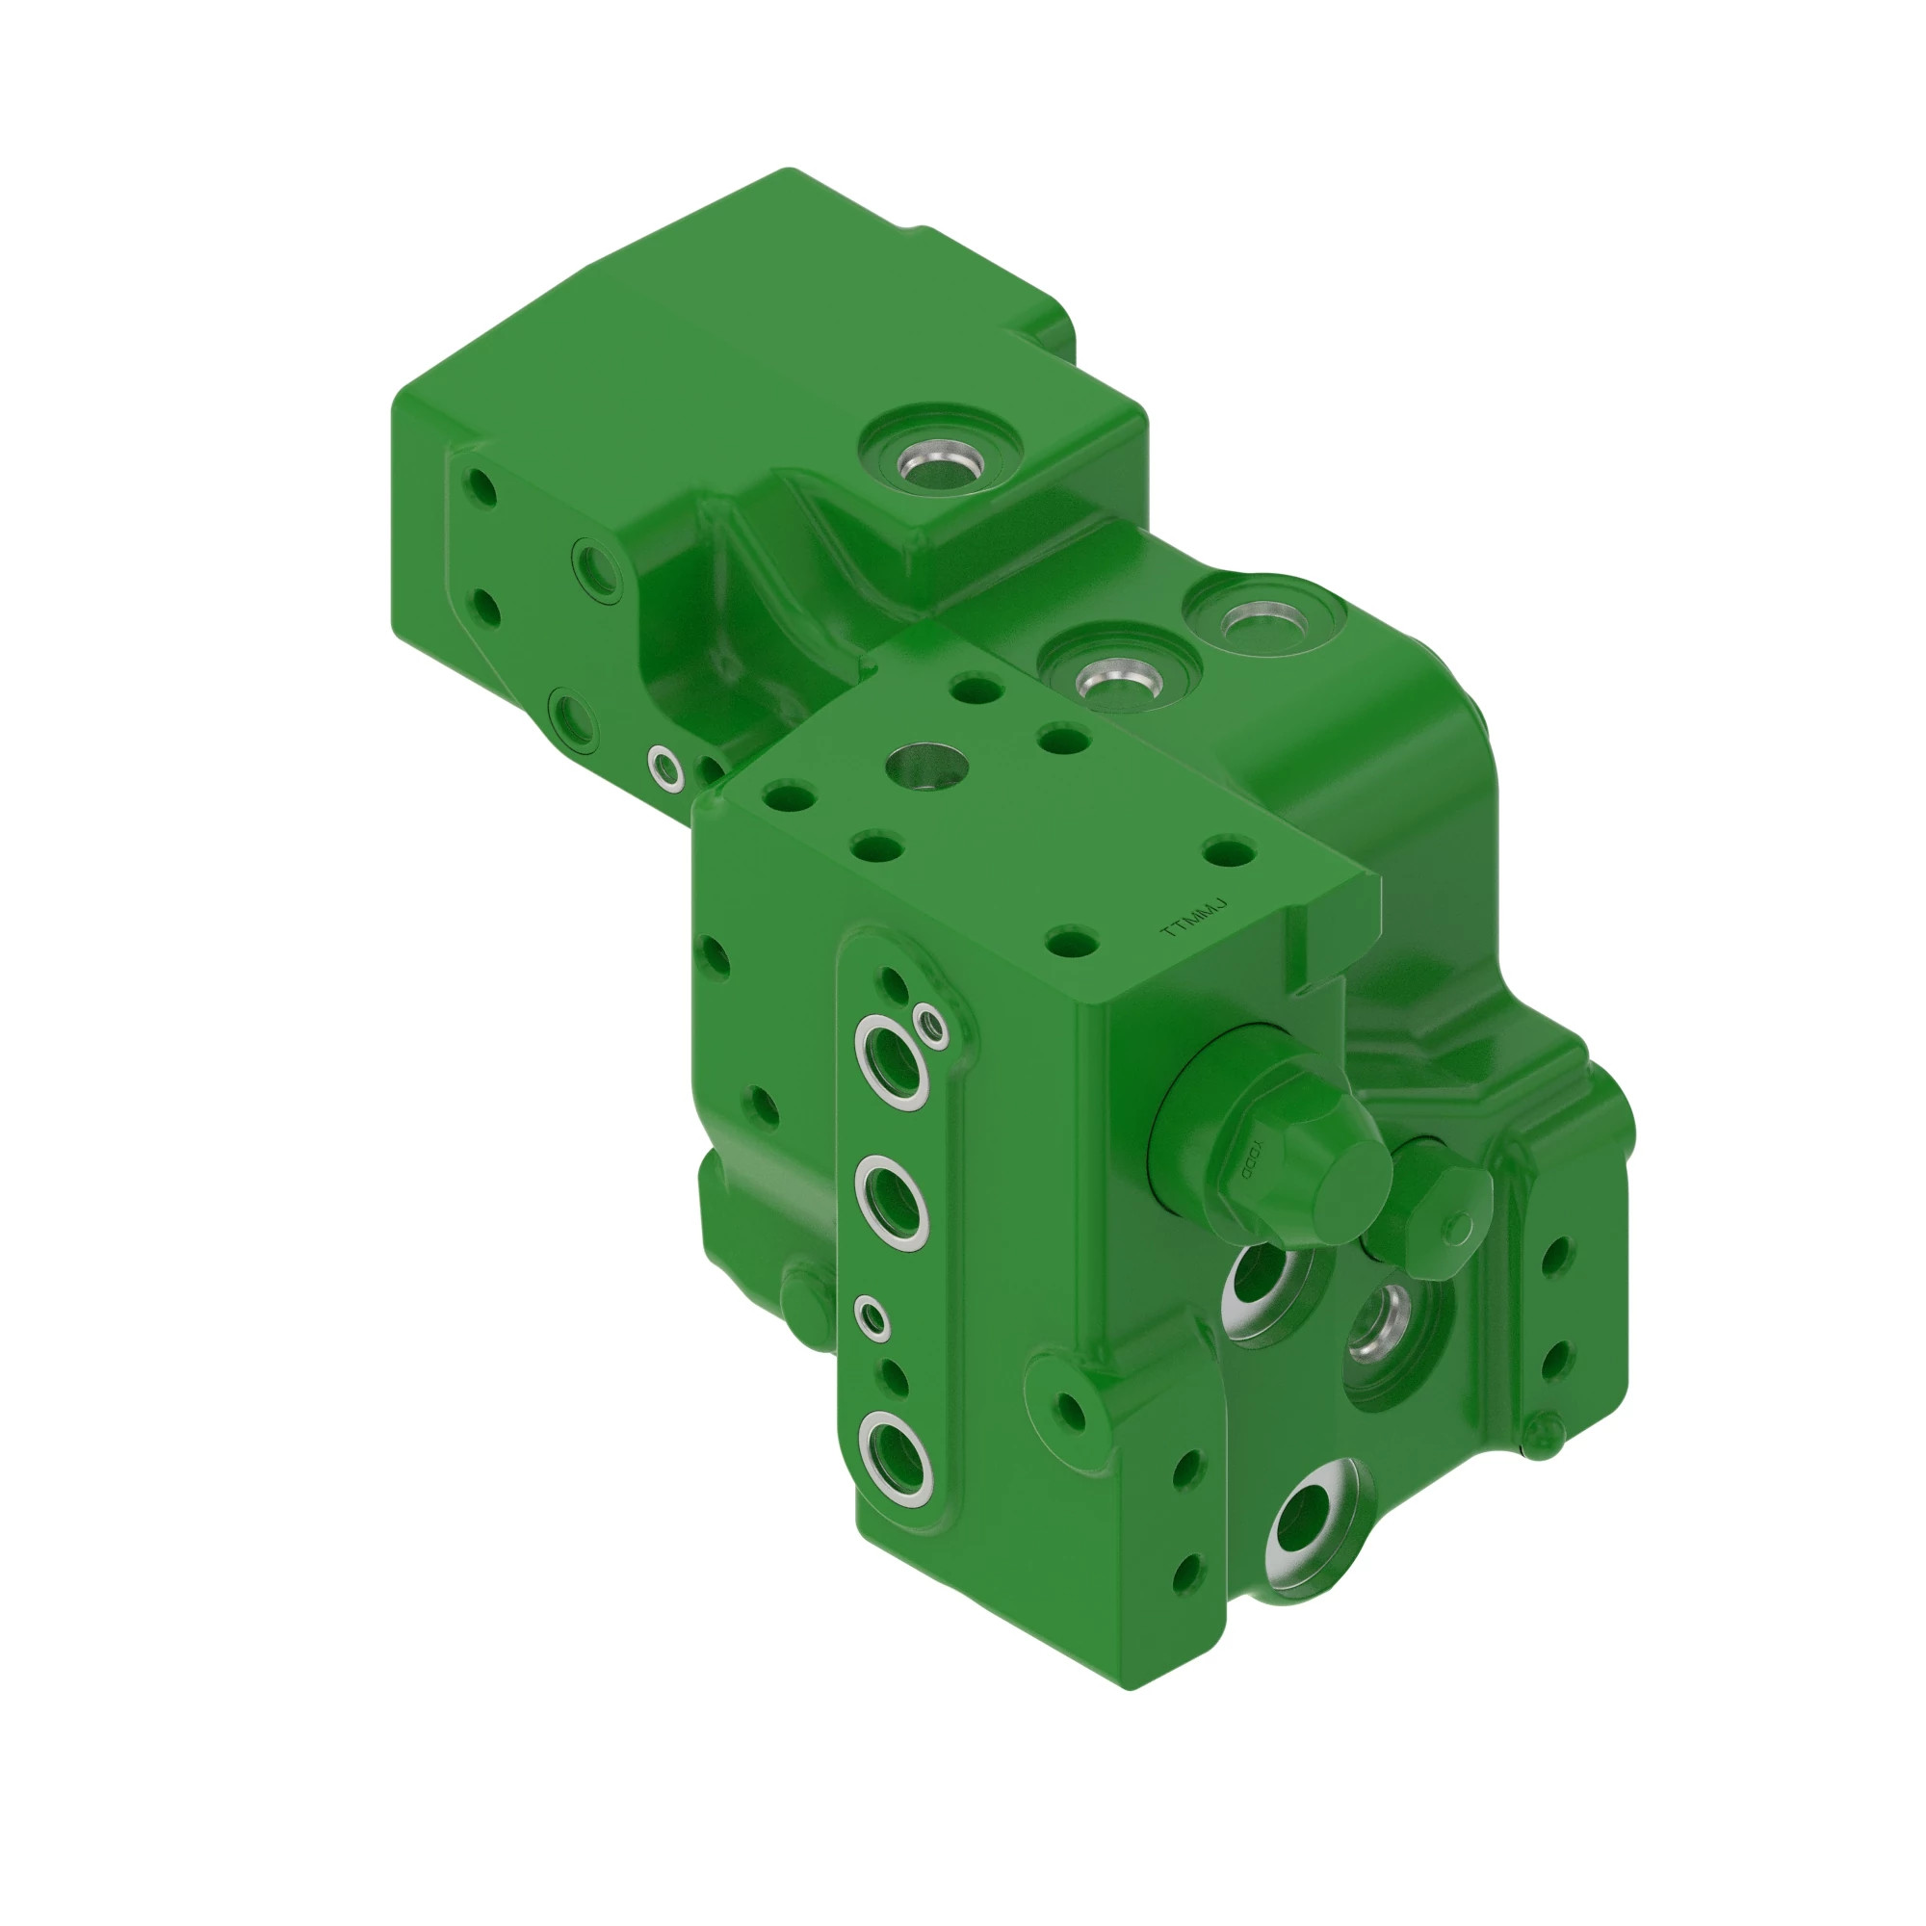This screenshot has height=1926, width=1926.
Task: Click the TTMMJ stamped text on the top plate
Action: [x=1193, y=918]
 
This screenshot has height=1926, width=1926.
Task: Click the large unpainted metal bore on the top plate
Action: [x=928, y=765]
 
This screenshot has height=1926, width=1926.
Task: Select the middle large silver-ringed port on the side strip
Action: [x=893, y=1202]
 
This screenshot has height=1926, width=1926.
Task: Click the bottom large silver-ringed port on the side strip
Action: [x=895, y=1457]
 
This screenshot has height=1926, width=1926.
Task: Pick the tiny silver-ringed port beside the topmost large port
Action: [x=931, y=1023]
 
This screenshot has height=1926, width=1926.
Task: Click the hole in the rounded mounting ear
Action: [x=1071, y=1409]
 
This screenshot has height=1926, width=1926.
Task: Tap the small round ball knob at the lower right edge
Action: [x=1540, y=1433]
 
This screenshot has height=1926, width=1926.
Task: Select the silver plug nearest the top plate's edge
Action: [x=1117, y=682]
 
